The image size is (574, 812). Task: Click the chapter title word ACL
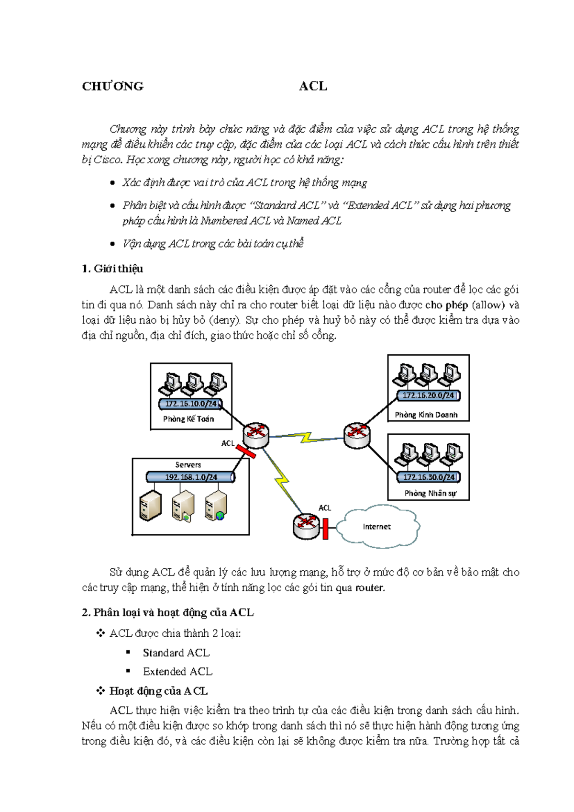pyautogui.click(x=313, y=86)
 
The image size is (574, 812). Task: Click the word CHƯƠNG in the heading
pyautogui.click(x=113, y=86)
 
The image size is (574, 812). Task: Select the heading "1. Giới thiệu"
pyautogui.click(x=112, y=269)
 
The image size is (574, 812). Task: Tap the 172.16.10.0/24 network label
pyautogui.click(x=191, y=404)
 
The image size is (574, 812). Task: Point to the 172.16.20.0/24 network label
pyautogui.click(x=428, y=395)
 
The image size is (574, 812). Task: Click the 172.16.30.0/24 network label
pyautogui.click(x=429, y=477)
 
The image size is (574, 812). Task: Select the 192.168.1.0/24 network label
pyautogui.click(x=191, y=477)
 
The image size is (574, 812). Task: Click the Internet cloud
pyautogui.click(x=377, y=527)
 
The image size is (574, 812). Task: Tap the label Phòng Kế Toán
pyautogui.click(x=188, y=419)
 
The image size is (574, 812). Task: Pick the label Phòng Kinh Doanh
pyautogui.click(x=426, y=415)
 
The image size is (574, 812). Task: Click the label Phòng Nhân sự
pyautogui.click(x=430, y=493)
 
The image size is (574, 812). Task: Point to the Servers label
pyautogui.click(x=188, y=464)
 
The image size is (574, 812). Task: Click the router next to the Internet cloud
pyautogui.click(x=306, y=525)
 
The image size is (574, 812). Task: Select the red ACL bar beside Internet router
pyautogui.click(x=325, y=528)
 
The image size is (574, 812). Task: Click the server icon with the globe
pyautogui.click(x=216, y=506)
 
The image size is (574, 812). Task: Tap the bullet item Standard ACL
pyautogui.click(x=176, y=653)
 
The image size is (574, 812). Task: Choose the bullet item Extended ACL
pyautogui.click(x=177, y=672)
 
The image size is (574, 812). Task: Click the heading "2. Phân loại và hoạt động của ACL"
pyautogui.click(x=168, y=613)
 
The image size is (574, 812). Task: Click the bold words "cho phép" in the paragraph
pyautogui.click(x=446, y=305)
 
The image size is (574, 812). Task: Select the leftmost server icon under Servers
pyautogui.click(x=150, y=506)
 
